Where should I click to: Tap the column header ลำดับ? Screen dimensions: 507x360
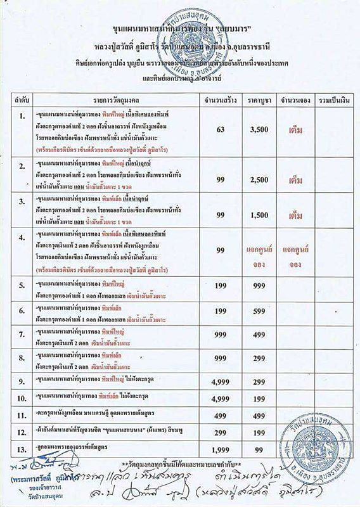pyautogui.click(x=22, y=100)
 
